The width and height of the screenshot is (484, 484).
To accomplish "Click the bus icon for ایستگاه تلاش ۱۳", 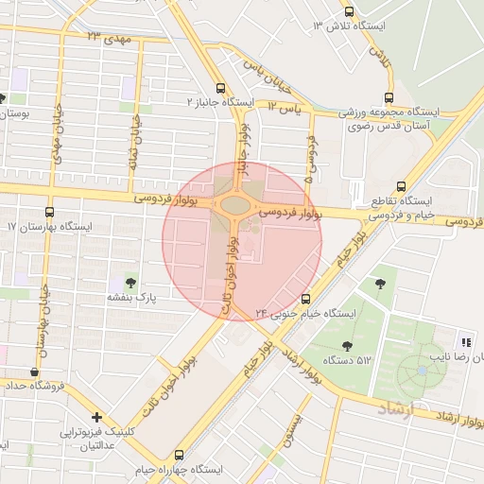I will coord(350,13).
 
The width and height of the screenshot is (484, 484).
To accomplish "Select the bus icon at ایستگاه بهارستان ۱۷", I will coord(49,213).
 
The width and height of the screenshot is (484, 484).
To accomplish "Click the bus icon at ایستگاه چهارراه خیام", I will coord(180,454).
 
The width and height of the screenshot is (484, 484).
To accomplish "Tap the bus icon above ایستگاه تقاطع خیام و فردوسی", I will coord(402,186).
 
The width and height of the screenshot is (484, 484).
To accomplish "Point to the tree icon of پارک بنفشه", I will coord(130,282).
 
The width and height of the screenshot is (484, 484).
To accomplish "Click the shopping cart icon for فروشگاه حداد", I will coord(35,372).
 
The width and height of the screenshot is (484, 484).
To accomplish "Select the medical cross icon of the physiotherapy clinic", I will coord(96,417).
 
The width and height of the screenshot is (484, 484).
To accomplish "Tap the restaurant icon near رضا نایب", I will coord(464,341).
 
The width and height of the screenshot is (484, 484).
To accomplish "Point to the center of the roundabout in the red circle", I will coord(232,206).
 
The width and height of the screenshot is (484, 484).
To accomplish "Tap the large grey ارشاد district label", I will coord(396,406).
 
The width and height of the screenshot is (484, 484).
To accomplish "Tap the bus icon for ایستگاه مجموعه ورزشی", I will coord(389,97).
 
